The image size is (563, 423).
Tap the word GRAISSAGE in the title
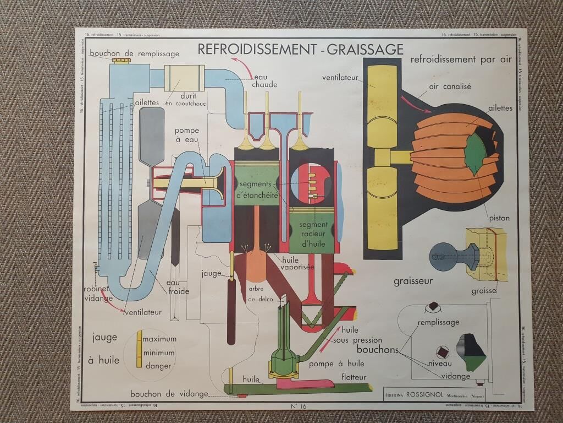(x=365, y=49)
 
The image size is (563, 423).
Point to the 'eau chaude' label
(x=264, y=80)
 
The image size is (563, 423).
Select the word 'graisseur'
(x=413, y=281)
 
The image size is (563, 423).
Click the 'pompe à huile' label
(x=336, y=364)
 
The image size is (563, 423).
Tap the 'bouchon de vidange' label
(x=169, y=394)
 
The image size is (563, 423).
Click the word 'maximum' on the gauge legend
(x=159, y=339)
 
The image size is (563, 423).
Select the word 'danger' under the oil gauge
(x=158, y=366)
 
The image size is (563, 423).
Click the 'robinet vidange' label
(x=98, y=293)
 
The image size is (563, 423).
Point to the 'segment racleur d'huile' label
(x=314, y=234)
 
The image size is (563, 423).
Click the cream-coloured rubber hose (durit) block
(x=184, y=78)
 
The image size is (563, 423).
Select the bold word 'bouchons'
(x=377, y=349)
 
